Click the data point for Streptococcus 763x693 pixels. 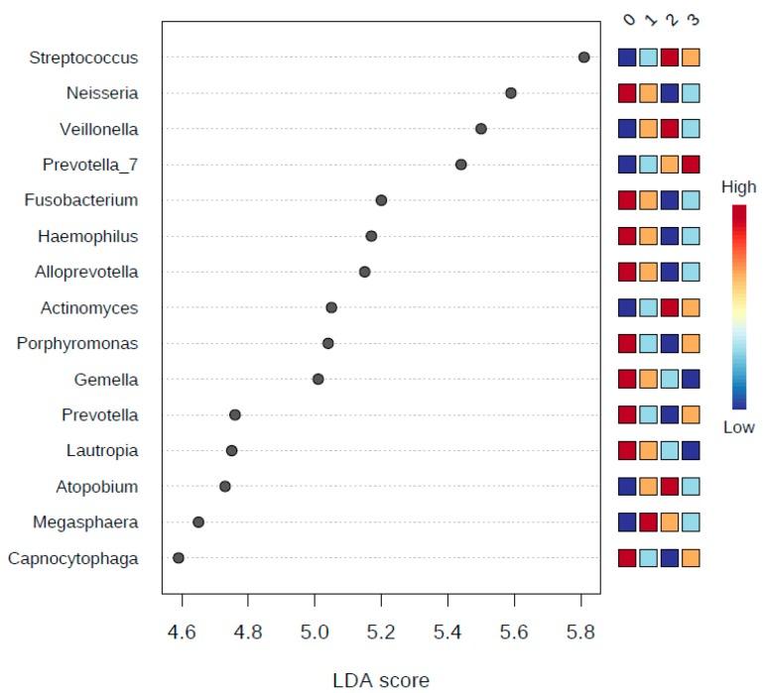tap(583, 58)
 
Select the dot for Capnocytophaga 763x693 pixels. tap(179, 558)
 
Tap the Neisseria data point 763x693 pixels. tap(511, 93)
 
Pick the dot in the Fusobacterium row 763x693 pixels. tap(381, 200)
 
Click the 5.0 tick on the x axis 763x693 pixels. tap(315, 630)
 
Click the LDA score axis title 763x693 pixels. tap(381, 679)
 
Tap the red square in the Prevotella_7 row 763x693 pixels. tap(690, 165)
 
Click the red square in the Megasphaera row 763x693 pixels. tap(648, 522)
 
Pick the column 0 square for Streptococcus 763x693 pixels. tap(627, 58)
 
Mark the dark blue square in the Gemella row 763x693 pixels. tap(690, 379)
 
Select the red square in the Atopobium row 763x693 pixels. tap(669, 487)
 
